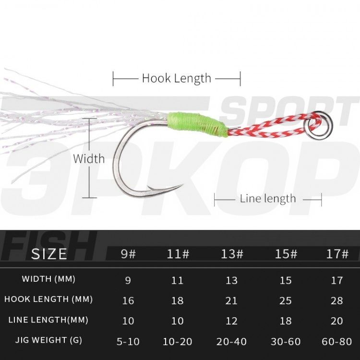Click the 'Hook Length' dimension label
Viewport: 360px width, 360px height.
pyautogui.click(x=176, y=78)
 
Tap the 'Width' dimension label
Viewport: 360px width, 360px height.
pyautogui.click(x=89, y=158)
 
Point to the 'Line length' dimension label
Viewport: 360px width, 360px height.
pyautogui.click(x=268, y=198)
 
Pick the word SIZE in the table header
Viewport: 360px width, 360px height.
pyautogui.click(x=49, y=254)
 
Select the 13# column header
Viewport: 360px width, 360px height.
pyautogui.click(x=232, y=254)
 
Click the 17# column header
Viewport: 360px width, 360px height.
pyautogui.click(x=337, y=254)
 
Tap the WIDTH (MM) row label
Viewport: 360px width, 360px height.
pyautogui.click(x=48, y=279)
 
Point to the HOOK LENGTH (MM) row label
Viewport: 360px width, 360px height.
pyautogui.click(x=48, y=300)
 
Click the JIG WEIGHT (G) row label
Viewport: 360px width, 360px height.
pyautogui.click(x=48, y=340)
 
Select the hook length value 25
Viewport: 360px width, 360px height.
pyautogui.click(x=286, y=300)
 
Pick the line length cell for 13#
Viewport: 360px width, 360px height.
pyautogui.click(x=232, y=321)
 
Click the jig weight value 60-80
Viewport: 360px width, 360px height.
pyautogui.click(x=337, y=341)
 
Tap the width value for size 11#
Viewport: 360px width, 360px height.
pyautogui.click(x=178, y=280)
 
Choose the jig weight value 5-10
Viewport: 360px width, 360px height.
pyautogui.click(x=128, y=341)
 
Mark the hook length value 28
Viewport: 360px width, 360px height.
pyautogui.click(x=337, y=300)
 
